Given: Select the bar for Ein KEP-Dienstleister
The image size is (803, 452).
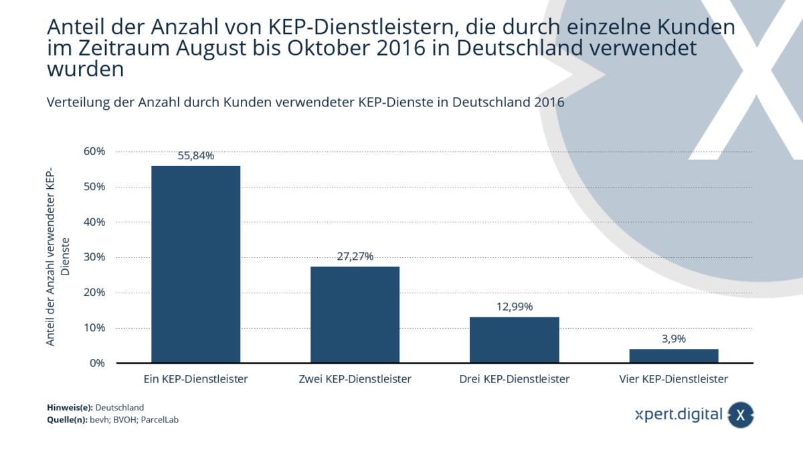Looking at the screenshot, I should click(195, 264).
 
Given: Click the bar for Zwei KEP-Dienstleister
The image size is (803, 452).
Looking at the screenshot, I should click(355, 315).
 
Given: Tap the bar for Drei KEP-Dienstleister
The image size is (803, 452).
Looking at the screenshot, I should click(514, 340).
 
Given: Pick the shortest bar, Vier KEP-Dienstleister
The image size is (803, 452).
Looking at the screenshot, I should click(673, 356).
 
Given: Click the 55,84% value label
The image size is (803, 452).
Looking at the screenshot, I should click(195, 155).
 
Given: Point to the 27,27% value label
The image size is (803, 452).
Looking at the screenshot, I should click(355, 256).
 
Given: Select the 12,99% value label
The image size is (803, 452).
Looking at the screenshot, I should click(514, 307).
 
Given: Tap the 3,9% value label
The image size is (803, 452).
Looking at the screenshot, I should click(673, 339).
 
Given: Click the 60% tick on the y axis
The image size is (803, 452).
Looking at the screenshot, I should click(94, 151).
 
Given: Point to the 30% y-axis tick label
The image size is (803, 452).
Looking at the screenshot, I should click(94, 257).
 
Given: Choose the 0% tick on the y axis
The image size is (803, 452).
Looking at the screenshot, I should click(97, 363).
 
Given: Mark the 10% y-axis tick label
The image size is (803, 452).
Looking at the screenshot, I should click(94, 327).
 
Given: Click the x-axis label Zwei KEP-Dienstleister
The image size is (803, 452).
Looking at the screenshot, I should click(355, 379).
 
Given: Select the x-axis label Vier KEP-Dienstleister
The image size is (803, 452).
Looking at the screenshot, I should click(673, 379).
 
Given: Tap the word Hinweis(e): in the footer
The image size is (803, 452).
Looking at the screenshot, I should click(70, 407).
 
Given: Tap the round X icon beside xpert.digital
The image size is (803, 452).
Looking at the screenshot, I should click(740, 415).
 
